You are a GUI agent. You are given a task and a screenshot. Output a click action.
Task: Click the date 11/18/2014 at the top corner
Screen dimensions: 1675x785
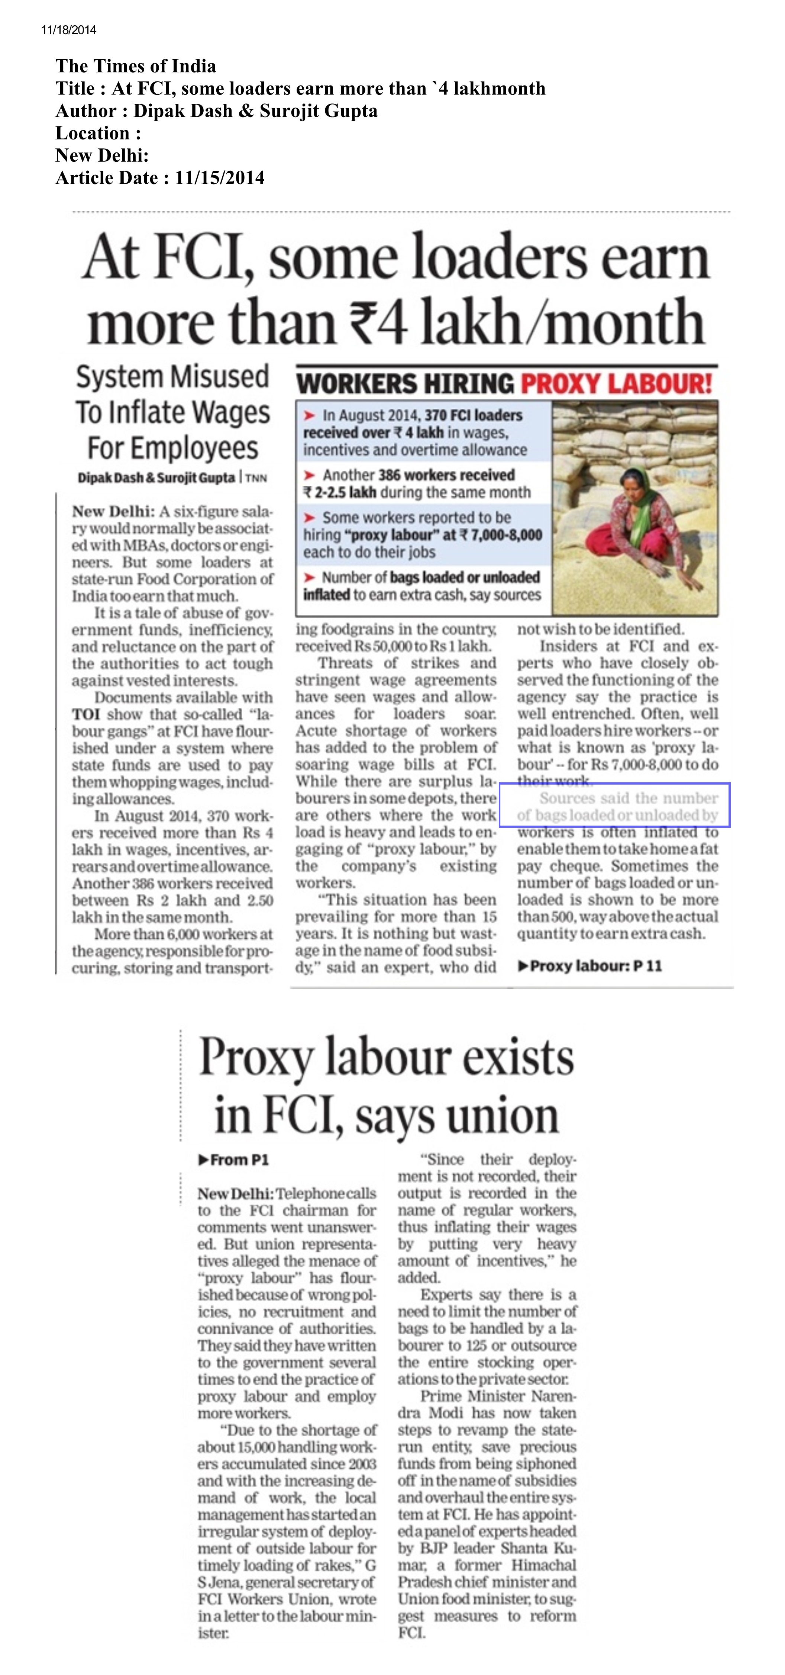point(68,30)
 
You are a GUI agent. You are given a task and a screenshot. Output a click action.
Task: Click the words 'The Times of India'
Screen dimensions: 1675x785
point(136,66)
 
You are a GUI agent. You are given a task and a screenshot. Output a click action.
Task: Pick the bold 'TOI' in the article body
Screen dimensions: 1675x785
point(86,714)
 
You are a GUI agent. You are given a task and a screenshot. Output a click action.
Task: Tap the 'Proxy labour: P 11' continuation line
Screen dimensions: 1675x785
point(589,965)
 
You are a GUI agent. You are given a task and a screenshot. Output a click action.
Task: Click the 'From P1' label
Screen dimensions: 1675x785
point(233,1159)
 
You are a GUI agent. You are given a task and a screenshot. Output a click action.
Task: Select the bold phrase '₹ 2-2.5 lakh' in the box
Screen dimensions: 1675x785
point(339,492)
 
